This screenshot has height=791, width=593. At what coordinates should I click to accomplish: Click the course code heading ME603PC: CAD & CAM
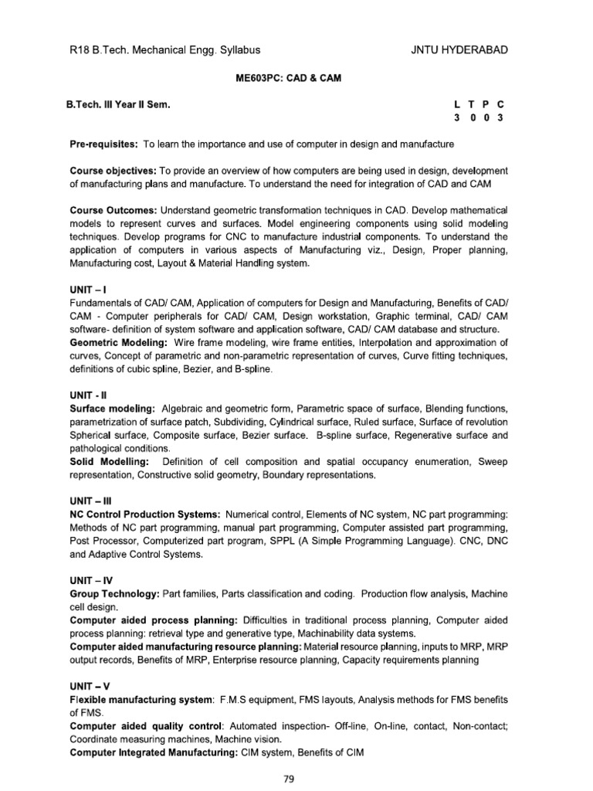[x=297, y=79]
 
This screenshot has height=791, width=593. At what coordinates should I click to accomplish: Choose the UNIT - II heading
[x=87, y=394]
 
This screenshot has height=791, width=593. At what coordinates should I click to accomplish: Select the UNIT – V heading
[x=88, y=684]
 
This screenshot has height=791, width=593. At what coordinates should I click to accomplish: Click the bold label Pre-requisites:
[x=103, y=144]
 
